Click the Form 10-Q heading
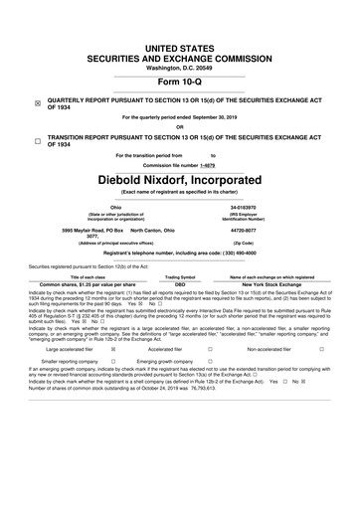pyautogui.click(x=180, y=83)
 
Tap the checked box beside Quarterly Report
pyautogui.click(x=37, y=102)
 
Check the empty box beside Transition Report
pyautogui.click(x=37, y=142)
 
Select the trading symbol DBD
pyautogui.click(x=180, y=285)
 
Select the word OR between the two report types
pyautogui.click(x=180, y=126)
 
